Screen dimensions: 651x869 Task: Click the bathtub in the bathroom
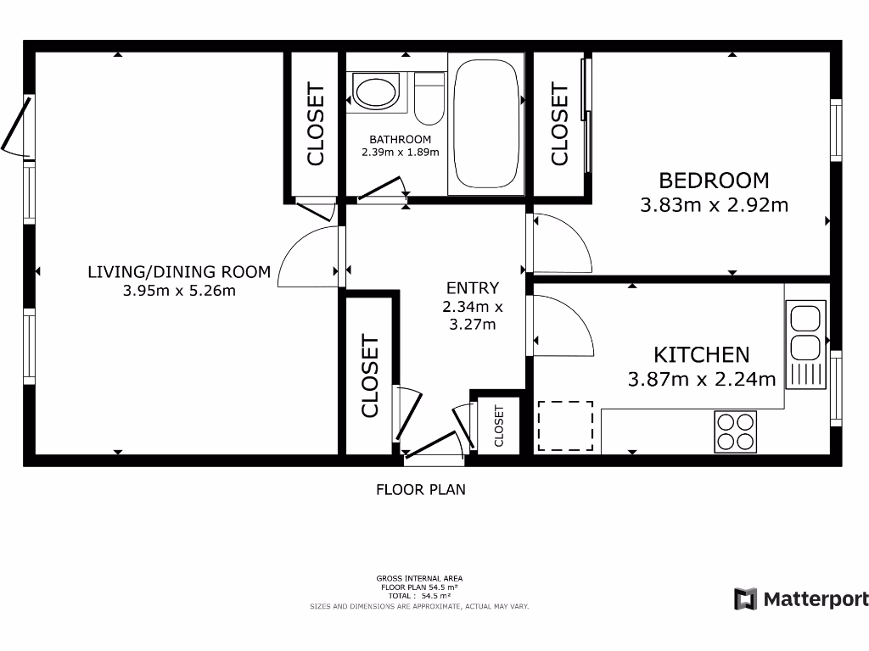(x=486, y=124)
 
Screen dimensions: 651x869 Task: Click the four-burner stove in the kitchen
(x=736, y=431)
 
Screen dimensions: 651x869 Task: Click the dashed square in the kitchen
(x=565, y=426)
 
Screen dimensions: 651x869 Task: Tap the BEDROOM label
(x=714, y=181)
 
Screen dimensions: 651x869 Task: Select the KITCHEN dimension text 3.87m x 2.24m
(x=702, y=379)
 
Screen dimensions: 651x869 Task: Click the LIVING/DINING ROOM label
(x=179, y=272)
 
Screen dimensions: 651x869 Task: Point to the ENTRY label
(x=473, y=288)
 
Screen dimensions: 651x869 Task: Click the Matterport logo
(x=800, y=599)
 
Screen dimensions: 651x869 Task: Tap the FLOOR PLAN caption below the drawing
(x=421, y=489)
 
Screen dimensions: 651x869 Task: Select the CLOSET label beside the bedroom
(x=559, y=124)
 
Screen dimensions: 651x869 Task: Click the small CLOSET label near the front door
(x=499, y=426)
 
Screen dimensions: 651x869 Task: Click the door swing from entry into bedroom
(x=560, y=242)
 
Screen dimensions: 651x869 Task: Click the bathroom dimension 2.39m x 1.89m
(x=400, y=153)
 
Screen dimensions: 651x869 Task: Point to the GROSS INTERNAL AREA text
(x=420, y=578)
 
